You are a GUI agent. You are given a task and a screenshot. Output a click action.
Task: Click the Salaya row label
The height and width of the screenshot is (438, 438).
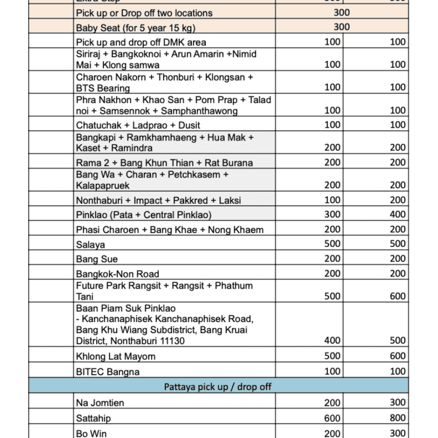coord(91,245)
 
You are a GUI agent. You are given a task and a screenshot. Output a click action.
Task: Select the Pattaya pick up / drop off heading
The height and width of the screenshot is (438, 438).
coord(218,387)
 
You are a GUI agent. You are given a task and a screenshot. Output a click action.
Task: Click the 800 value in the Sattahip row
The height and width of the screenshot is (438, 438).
coord(397,418)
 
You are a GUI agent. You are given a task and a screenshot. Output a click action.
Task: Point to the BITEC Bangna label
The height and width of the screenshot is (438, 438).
coord(108,371)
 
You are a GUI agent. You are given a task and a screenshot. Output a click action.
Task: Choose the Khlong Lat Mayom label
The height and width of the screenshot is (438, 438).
coord(115,356)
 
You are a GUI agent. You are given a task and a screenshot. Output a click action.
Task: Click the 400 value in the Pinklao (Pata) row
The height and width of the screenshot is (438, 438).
coord(397,214)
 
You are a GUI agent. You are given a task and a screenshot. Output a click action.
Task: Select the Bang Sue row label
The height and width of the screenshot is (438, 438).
coord(97,259)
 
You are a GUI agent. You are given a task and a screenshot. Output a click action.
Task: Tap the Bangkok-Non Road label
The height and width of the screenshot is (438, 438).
coord(118,274)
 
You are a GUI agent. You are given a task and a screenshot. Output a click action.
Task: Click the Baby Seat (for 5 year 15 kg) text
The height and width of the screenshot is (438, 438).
coord(136,28)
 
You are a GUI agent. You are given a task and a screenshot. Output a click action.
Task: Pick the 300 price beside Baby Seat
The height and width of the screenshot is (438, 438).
coord(341,27)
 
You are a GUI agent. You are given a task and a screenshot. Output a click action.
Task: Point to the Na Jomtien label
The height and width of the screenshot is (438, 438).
coord(100,402)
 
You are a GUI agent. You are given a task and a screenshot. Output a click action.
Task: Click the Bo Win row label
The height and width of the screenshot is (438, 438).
coord(91,433)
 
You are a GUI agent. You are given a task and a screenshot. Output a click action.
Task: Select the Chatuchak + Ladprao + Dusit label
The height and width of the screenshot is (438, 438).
coord(138,125)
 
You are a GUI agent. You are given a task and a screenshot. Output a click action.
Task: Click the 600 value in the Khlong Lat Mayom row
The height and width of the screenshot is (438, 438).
coord(397,356)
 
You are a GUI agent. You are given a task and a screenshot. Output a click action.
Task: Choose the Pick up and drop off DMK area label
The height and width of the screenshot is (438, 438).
coord(141,42)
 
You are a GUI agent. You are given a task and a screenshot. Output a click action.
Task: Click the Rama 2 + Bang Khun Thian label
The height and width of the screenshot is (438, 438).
coord(164,163)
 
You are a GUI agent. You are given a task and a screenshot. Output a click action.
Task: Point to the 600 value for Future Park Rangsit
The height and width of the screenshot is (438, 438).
coord(397,296)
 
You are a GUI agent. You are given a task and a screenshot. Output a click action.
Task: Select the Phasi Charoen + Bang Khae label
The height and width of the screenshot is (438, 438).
coord(170,230)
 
